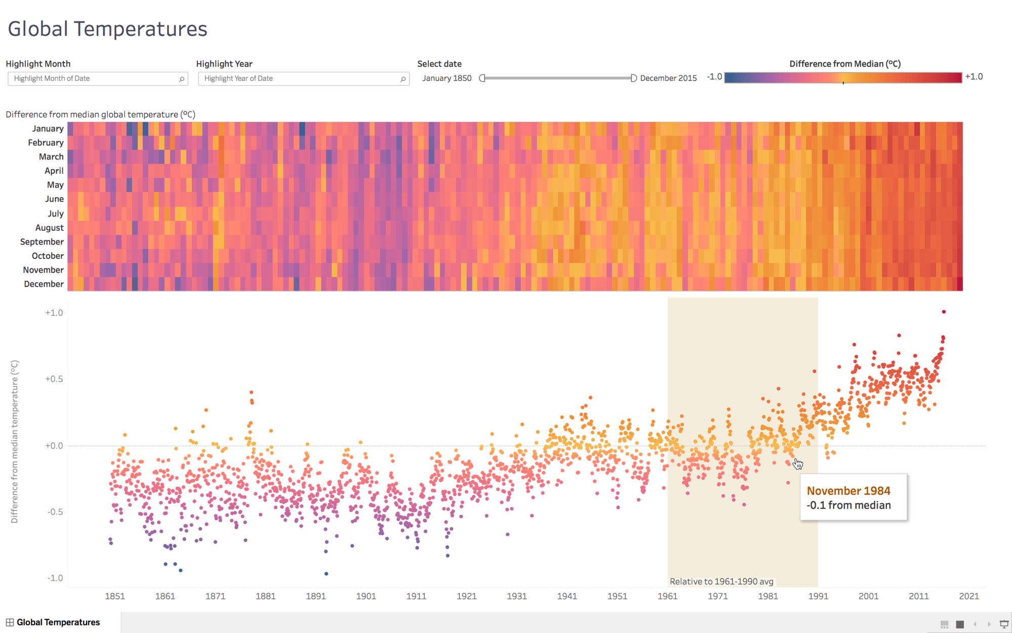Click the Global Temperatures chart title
coord(107,29)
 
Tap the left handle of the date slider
coord(482,78)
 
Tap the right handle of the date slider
coord(633,78)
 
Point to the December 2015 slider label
coord(668,78)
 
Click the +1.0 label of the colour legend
coord(974,76)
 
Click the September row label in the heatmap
coord(42,242)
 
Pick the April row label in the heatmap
coord(54,171)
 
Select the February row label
coord(46,142)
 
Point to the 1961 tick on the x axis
coord(667,596)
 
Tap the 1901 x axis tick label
coord(366,596)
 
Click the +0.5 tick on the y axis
coord(54,379)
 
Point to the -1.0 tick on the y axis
coord(55,578)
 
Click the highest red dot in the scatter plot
coord(944,312)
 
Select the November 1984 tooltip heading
coord(849,491)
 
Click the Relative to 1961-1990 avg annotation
coord(722,581)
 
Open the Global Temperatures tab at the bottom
coord(58,622)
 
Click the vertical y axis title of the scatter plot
coord(14,441)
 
